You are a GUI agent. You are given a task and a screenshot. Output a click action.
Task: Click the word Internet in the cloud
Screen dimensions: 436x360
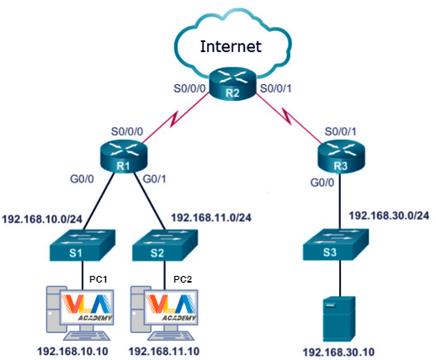tap(231, 46)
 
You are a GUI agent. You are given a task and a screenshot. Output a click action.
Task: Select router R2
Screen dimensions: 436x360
tap(233, 83)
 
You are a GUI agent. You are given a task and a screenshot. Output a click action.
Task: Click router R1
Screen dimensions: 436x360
tap(124, 156)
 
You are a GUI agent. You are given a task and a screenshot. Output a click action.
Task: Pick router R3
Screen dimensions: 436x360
tap(341, 156)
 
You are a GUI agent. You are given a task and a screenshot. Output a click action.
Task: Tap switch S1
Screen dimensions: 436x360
tap(82, 246)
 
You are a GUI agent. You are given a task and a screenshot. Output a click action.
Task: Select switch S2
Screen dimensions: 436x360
tap(165, 246)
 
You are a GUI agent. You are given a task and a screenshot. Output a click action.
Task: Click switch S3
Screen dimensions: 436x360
tap(336, 245)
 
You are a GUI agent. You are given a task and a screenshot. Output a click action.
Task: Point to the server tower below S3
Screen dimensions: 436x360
tap(339, 319)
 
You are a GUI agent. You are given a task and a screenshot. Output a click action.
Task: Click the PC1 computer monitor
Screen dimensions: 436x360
tap(87, 307)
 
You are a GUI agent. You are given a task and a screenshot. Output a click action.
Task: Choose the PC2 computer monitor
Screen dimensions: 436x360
tap(171, 307)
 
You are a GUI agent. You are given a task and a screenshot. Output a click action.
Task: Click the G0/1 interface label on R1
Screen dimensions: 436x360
tap(154, 179)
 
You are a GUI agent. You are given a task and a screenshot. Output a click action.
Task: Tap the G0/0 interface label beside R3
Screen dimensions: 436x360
tap(322, 183)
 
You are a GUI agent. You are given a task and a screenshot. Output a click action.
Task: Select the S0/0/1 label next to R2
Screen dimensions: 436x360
tap(276, 88)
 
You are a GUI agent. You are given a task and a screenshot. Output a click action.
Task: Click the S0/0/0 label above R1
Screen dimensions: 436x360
tap(127, 131)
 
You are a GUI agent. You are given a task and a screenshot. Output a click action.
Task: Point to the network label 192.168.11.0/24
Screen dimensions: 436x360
tap(211, 218)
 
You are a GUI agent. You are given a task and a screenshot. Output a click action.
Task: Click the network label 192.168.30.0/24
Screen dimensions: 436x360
tap(389, 215)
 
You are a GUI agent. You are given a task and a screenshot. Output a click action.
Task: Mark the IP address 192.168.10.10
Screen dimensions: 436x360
tap(72, 352)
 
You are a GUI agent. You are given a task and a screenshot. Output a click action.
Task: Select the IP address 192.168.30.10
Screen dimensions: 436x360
tap(338, 352)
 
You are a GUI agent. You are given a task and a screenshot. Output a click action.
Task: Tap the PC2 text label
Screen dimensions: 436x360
tap(183, 279)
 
